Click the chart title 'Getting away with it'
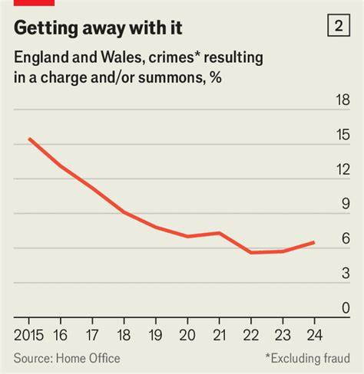[x=98, y=28]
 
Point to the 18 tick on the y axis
[x=339, y=100]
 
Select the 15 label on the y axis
[x=339, y=135]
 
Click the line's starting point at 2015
[x=29, y=139]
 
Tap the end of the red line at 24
[x=314, y=242]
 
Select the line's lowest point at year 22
[x=251, y=252]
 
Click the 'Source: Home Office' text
[x=64, y=357]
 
